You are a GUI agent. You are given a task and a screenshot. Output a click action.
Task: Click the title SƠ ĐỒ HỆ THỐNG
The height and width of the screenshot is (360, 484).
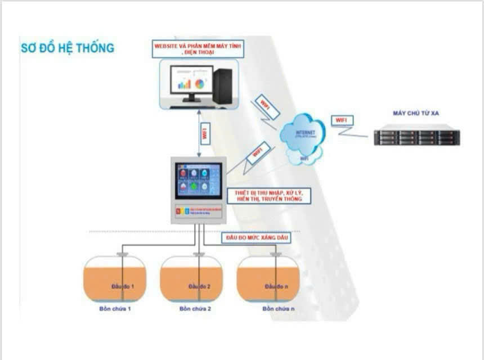(68, 48)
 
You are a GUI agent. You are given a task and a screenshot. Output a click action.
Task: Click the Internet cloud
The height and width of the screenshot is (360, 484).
(304, 135)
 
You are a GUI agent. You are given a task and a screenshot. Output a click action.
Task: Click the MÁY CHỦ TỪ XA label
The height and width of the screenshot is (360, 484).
(416, 113)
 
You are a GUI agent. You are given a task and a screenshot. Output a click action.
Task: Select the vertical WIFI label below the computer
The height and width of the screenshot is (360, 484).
(205, 133)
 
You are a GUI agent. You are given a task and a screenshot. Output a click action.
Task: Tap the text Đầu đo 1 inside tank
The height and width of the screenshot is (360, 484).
(122, 286)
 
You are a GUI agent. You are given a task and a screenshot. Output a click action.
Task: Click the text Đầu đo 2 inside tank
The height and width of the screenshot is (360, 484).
(199, 286)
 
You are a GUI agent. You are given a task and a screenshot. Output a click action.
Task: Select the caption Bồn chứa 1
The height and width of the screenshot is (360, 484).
(114, 309)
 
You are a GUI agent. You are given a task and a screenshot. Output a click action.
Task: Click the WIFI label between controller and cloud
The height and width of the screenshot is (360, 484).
(258, 152)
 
